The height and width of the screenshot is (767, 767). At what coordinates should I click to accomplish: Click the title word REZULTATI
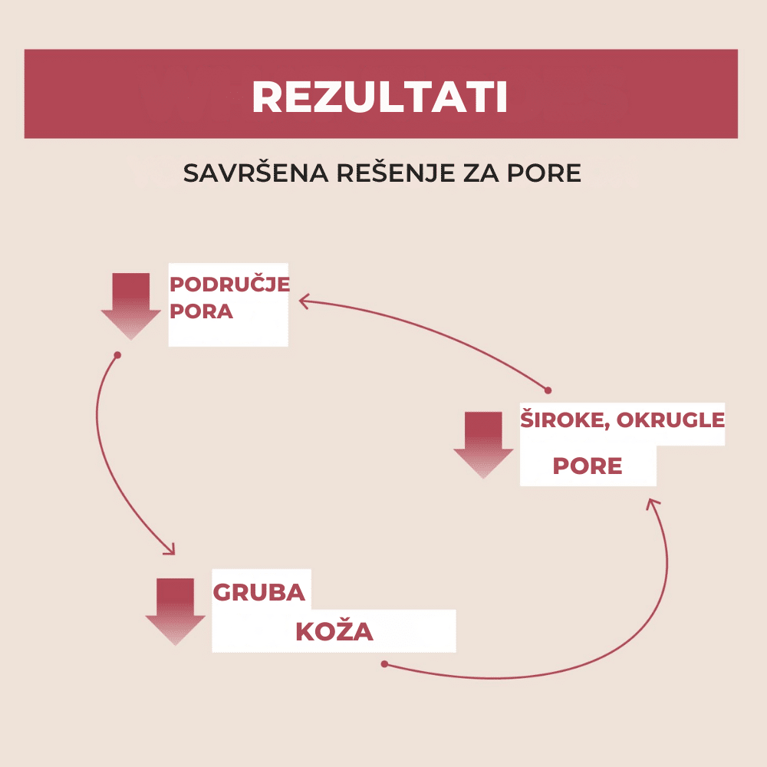(380, 97)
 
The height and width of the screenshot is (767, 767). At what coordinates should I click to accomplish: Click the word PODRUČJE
(229, 285)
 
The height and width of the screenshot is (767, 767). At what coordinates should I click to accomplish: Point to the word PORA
(200, 312)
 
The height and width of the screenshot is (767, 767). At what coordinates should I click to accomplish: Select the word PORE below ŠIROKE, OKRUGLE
(588, 466)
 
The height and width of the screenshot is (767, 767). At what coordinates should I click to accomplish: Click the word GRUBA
(258, 593)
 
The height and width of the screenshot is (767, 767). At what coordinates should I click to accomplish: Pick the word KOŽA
(334, 633)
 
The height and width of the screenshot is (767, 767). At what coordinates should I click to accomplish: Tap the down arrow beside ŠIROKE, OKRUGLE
(483, 445)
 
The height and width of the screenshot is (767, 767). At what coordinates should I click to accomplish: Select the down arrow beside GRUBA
(175, 611)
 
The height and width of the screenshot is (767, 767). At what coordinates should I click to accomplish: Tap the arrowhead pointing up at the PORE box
(652, 503)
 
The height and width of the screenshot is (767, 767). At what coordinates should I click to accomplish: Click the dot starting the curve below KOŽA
(385, 664)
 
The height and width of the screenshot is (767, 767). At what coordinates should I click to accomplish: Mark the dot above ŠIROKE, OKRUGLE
(548, 390)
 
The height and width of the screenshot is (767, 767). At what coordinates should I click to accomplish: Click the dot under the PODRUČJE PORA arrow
(117, 355)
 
